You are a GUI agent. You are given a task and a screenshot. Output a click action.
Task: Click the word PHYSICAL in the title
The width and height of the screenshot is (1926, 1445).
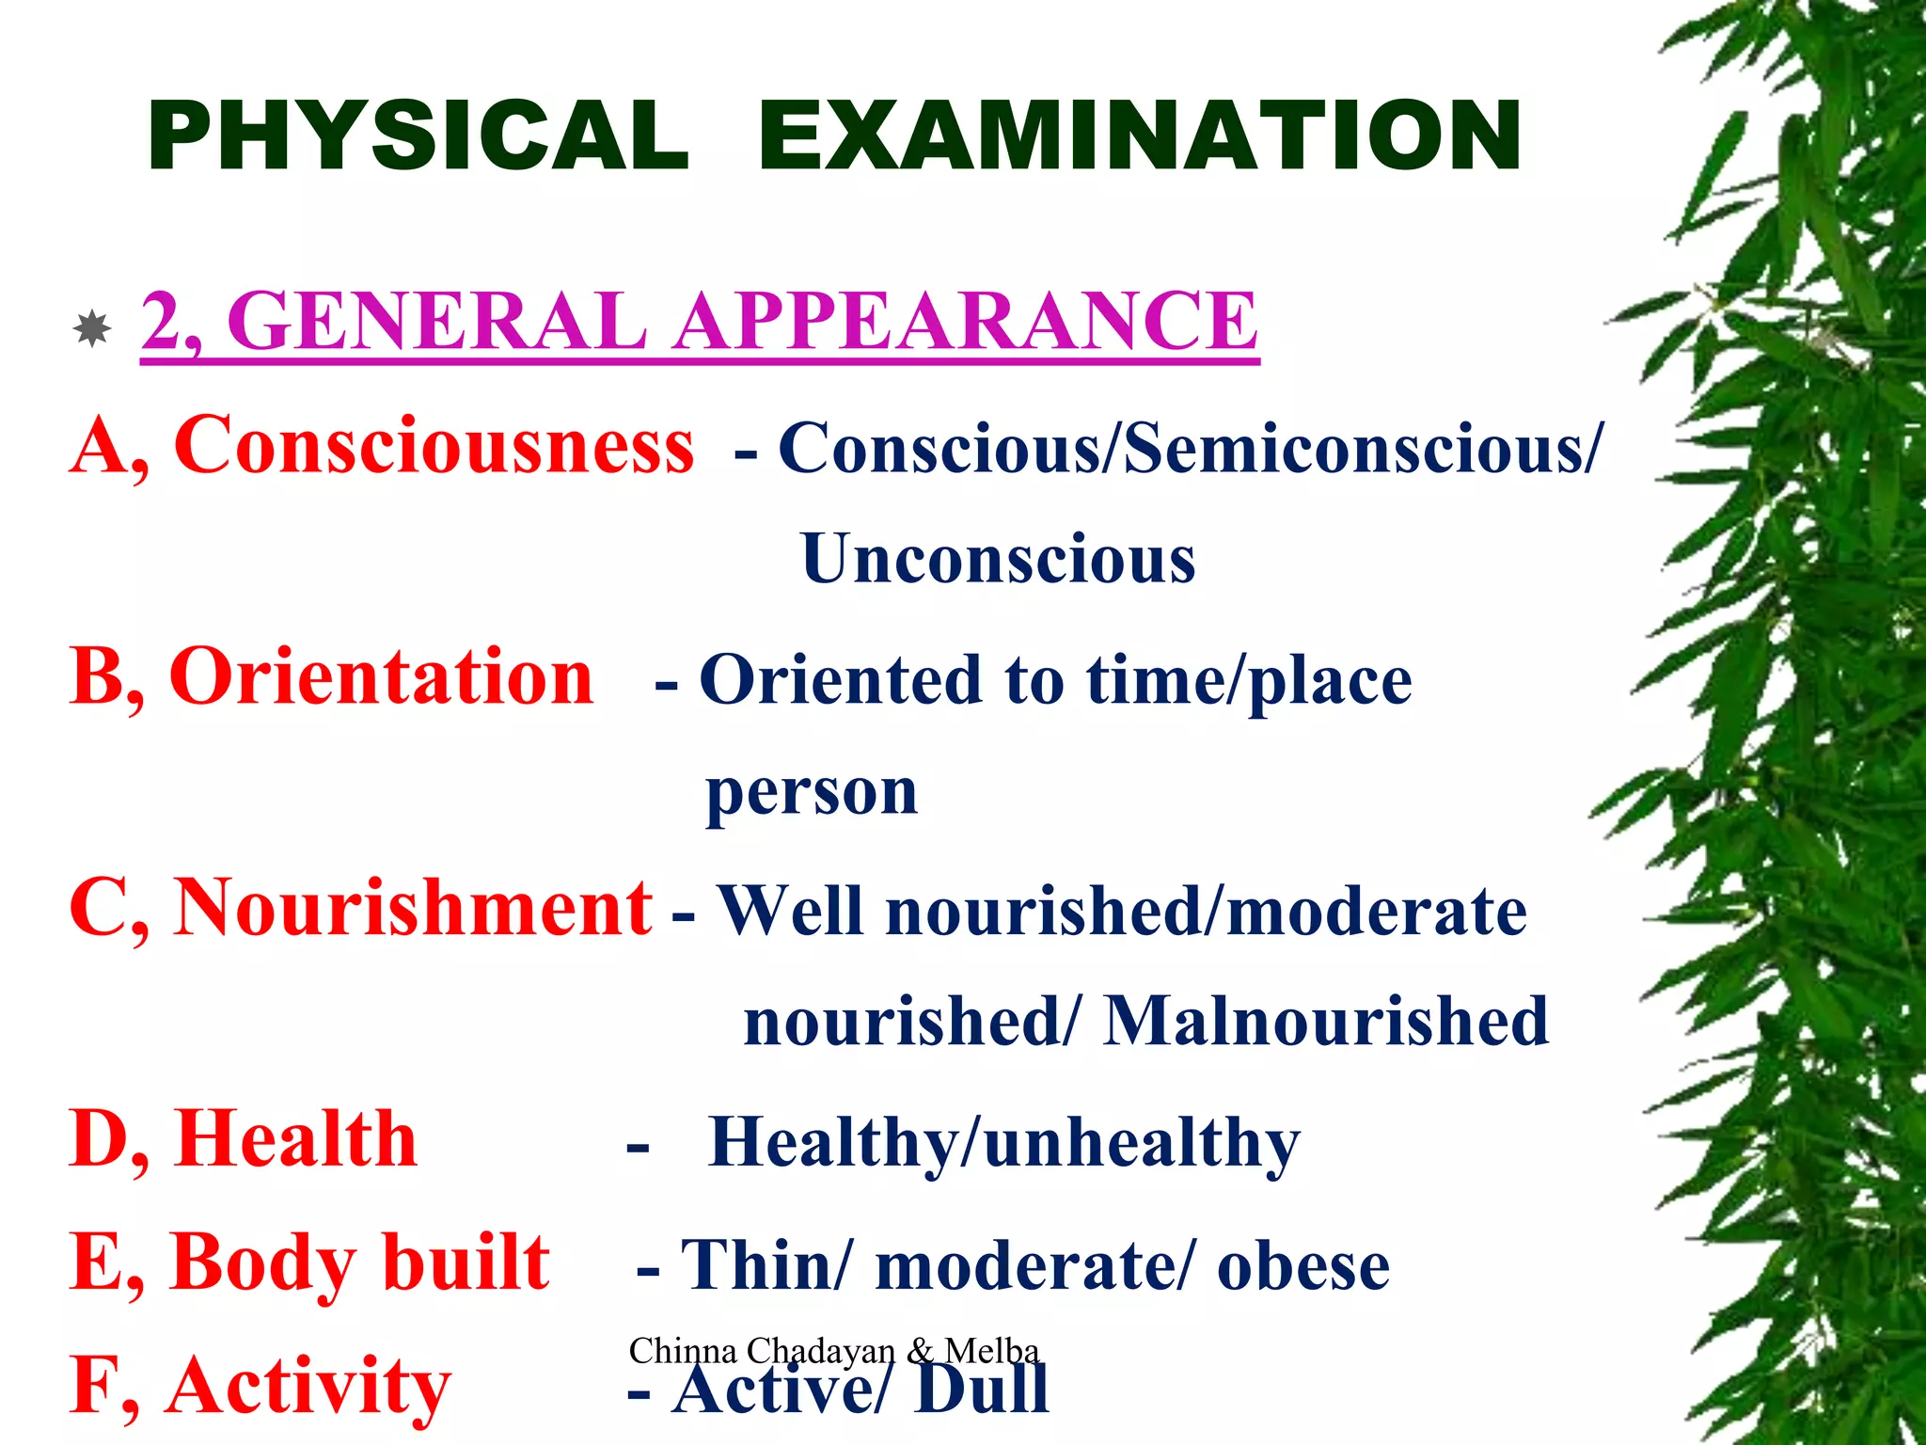[x=418, y=137]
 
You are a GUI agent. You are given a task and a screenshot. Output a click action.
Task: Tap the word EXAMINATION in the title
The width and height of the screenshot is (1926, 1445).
[x=1140, y=137]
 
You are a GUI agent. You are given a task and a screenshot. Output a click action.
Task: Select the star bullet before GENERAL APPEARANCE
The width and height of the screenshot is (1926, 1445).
[x=92, y=328]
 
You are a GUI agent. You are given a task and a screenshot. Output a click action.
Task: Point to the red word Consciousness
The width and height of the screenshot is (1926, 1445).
[x=434, y=445]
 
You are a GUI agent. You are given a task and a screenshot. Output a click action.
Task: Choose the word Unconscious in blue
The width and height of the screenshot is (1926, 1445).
[x=998, y=559]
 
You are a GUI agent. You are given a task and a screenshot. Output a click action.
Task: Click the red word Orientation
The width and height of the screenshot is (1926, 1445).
[x=381, y=676]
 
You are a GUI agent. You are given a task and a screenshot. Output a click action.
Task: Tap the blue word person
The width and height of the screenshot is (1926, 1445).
[x=812, y=793]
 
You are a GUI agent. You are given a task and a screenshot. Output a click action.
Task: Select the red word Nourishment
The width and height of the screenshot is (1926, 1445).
[x=413, y=908]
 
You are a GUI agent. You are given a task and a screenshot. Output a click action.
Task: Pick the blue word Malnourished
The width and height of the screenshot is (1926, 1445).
[x=1326, y=1022]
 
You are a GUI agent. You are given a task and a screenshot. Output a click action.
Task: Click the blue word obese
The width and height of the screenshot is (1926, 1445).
[x=1303, y=1266]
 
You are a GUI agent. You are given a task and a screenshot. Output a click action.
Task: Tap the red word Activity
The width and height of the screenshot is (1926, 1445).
[x=308, y=1387]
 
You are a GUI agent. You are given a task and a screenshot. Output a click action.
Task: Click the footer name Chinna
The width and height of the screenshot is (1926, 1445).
[x=683, y=1351]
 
